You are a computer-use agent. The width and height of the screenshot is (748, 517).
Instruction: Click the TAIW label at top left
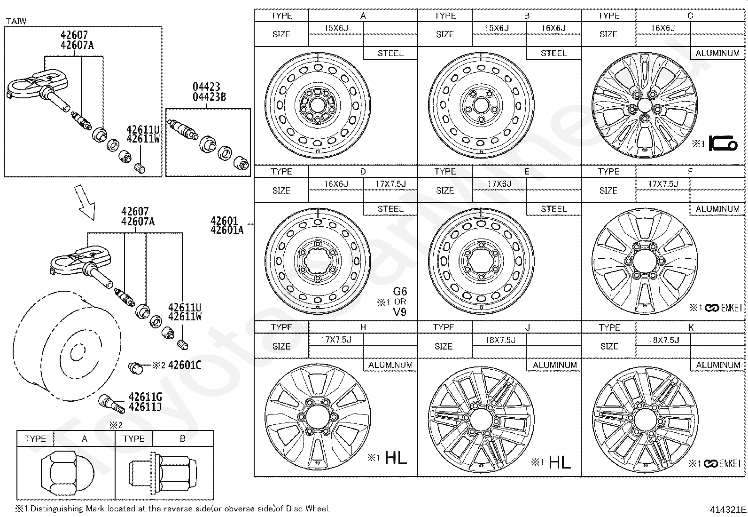pos(16,21)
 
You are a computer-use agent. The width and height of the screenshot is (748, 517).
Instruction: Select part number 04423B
pos(210,97)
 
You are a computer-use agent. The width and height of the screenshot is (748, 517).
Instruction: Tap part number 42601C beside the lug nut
pos(185,365)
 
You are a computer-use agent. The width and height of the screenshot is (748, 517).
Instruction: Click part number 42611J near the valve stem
pos(145,407)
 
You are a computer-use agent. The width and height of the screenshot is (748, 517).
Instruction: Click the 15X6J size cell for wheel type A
pos(336,28)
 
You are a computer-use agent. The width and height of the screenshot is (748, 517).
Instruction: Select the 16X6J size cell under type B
pos(553,28)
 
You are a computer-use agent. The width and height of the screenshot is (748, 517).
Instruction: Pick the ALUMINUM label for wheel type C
pos(717,53)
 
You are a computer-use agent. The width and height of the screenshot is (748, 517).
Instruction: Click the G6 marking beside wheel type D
pos(400,291)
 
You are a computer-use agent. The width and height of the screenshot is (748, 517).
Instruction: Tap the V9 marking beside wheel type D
pos(400,312)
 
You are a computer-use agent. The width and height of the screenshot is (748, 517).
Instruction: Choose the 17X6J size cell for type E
pos(499,183)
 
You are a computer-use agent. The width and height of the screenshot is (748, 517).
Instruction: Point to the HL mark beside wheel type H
pos(396,457)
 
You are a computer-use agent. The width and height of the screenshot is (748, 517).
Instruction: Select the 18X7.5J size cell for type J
pos(500,340)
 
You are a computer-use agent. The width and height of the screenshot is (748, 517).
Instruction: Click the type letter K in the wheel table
pos(691,327)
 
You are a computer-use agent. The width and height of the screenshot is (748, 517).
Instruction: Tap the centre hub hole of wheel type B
pos(481,106)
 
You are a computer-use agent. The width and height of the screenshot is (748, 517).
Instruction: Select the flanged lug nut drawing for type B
pos(163,473)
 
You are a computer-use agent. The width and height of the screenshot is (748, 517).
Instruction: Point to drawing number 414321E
pos(728,509)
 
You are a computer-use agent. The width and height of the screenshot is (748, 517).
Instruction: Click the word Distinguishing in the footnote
pos(57,509)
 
